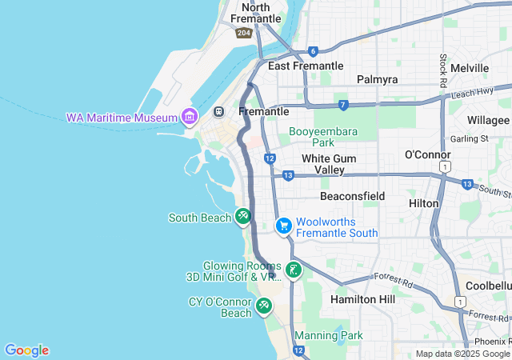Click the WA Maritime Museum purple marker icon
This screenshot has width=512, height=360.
click(x=190, y=117)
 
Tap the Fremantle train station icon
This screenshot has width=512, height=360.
click(x=219, y=111)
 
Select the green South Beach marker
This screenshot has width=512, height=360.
click(x=243, y=216)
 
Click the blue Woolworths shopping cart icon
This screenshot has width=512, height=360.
click(x=283, y=226)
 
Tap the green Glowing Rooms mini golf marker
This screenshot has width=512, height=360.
click(x=294, y=270)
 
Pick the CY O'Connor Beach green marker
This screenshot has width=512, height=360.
click(x=264, y=306)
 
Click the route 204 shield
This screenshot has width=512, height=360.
click(x=244, y=33)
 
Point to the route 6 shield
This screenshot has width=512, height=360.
click(x=313, y=50)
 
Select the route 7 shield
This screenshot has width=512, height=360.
click(x=343, y=105)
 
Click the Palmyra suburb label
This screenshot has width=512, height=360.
click(x=377, y=80)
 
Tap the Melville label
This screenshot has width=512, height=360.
click(x=469, y=69)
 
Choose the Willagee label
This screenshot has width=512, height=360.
click(x=489, y=120)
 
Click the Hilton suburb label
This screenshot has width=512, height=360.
click(x=424, y=203)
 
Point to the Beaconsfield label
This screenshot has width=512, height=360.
click(x=352, y=196)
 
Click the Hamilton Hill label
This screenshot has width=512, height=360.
click(x=363, y=298)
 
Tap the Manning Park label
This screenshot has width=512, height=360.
click(x=329, y=335)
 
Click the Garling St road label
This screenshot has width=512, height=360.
click(x=469, y=138)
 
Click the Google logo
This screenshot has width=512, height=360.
click(x=26, y=350)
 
